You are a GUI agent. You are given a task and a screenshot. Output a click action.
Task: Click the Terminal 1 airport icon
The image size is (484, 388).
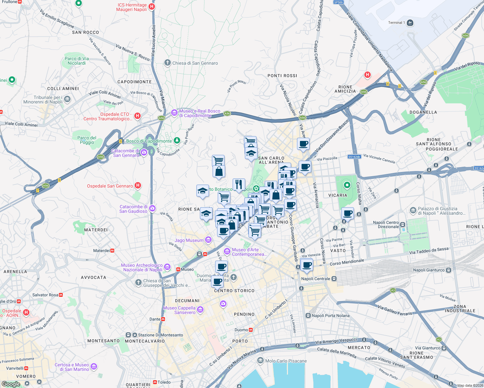[x=410, y=23]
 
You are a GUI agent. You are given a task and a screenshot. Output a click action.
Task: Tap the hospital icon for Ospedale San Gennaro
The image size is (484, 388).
[x=138, y=186]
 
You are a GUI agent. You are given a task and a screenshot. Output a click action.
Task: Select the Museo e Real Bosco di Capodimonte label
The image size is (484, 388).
[x=200, y=113]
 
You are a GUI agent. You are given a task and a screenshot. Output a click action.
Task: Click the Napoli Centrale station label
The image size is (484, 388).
[x=316, y=279]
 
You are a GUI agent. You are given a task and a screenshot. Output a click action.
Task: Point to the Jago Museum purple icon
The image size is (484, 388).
[x=208, y=240]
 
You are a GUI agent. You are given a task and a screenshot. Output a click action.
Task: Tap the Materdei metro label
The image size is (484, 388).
[x=102, y=251]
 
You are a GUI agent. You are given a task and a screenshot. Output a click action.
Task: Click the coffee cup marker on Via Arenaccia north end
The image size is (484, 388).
[x=303, y=144]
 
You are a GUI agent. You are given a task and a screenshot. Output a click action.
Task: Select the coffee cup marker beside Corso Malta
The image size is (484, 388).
[x=347, y=213]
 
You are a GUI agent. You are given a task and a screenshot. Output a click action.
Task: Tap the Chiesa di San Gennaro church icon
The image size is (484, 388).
[x=167, y=63]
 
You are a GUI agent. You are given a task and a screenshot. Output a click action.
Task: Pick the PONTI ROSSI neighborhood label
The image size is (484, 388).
[x=282, y=76]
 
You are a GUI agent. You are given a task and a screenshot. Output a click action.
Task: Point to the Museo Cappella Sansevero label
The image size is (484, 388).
[x=180, y=310]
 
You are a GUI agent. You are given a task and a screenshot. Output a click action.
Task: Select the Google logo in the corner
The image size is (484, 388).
[x=11, y=384]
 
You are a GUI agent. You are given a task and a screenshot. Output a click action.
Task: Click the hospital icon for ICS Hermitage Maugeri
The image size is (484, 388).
[x=152, y=6]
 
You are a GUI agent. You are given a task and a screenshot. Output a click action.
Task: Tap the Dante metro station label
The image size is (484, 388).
[x=155, y=319]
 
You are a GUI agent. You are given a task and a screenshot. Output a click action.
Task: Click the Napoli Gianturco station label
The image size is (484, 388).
[x=429, y=270]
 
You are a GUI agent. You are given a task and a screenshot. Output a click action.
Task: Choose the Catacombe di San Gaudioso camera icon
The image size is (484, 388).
[x=153, y=209]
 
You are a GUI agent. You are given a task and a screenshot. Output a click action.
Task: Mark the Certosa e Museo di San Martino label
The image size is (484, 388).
[x=72, y=367]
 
